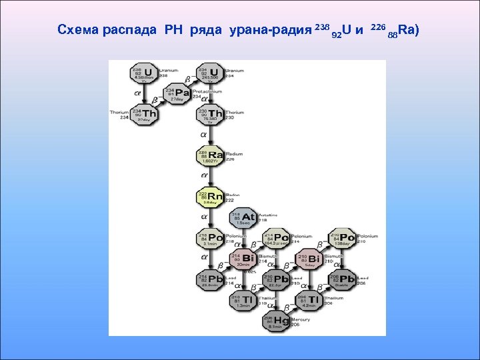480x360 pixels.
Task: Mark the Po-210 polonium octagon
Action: click(343, 238)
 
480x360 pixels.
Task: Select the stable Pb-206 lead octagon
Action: click(343, 279)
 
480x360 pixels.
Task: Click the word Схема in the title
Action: click(78, 30)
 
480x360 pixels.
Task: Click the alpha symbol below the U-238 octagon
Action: click(137, 95)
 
